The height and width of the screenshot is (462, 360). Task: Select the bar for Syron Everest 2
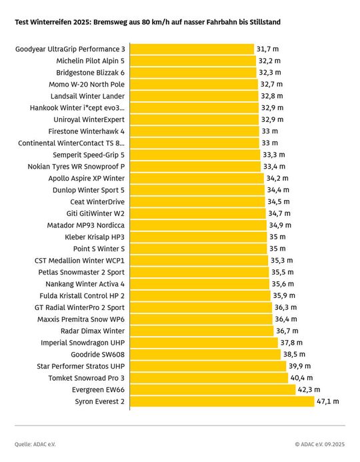pyautogui.click(x=222, y=401)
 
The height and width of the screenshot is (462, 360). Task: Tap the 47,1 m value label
pyautogui.click(x=328, y=401)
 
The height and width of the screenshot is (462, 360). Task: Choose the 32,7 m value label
pyautogui.click(x=272, y=85)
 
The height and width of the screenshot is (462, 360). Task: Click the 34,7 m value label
pyautogui.click(x=279, y=213)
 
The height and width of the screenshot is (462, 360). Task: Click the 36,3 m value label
pyautogui.click(x=285, y=307)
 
